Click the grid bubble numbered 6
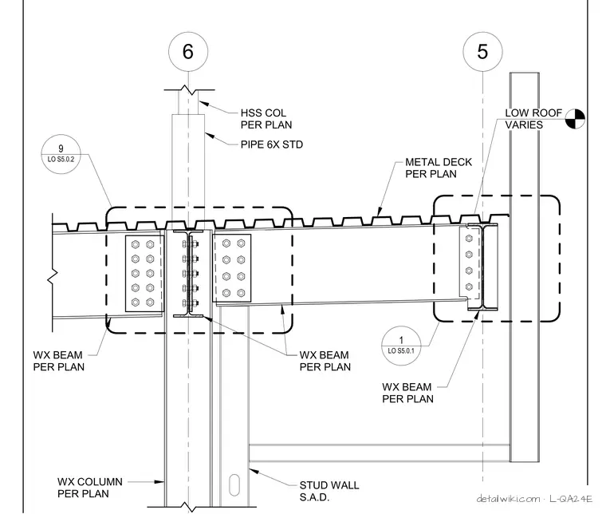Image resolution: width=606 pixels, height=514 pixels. click(x=188, y=51)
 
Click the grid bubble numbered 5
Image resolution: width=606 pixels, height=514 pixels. click(x=482, y=51)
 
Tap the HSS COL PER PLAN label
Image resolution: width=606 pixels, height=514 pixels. click(x=266, y=119)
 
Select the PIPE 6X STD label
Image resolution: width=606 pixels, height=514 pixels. click(x=272, y=144)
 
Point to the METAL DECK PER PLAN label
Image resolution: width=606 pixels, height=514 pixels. click(x=439, y=168)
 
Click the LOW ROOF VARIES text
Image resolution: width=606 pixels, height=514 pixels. click(x=533, y=119)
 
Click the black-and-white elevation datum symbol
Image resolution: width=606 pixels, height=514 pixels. click(x=575, y=119)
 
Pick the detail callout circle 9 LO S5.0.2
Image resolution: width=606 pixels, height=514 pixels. click(x=61, y=154)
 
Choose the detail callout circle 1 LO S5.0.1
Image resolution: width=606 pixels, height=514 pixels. click(x=401, y=346)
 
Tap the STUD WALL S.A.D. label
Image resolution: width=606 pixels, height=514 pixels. click(x=329, y=491)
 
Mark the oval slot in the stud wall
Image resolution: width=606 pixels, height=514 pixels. click(x=234, y=485)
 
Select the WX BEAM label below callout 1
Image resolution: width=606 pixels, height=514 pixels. click(x=407, y=393)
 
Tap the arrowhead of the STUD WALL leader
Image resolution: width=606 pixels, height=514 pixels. click(x=254, y=472)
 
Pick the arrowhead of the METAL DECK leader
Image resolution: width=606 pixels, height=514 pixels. click(x=380, y=212)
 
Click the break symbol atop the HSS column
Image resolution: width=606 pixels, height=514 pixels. click(x=190, y=90)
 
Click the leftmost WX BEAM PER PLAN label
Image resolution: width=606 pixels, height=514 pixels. click(x=58, y=361)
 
